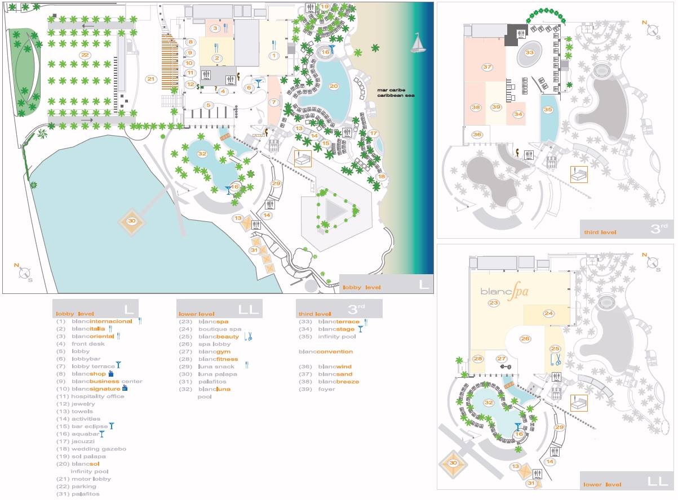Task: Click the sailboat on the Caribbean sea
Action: tap(417, 43)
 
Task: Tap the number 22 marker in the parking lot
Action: tap(85, 55)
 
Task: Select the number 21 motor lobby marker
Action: tap(150, 79)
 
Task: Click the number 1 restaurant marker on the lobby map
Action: tap(274, 55)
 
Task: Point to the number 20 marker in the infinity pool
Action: tap(333, 86)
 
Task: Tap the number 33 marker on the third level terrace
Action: tap(529, 52)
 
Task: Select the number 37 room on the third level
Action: tap(488, 67)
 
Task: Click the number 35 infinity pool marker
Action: tap(548, 110)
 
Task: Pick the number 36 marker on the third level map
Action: tap(477, 135)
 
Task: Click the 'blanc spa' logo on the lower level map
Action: tap(504, 292)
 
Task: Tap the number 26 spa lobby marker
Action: tap(525, 339)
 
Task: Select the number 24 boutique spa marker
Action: tap(548, 313)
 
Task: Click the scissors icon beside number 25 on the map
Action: tap(556, 359)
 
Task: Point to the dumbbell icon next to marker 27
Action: tap(504, 367)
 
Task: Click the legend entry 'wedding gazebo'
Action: tap(99, 449)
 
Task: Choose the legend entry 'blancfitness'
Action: tap(218, 359)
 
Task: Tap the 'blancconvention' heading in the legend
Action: tap(326, 351)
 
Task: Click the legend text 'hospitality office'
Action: tap(98, 396)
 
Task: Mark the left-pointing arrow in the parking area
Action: tap(88, 25)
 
